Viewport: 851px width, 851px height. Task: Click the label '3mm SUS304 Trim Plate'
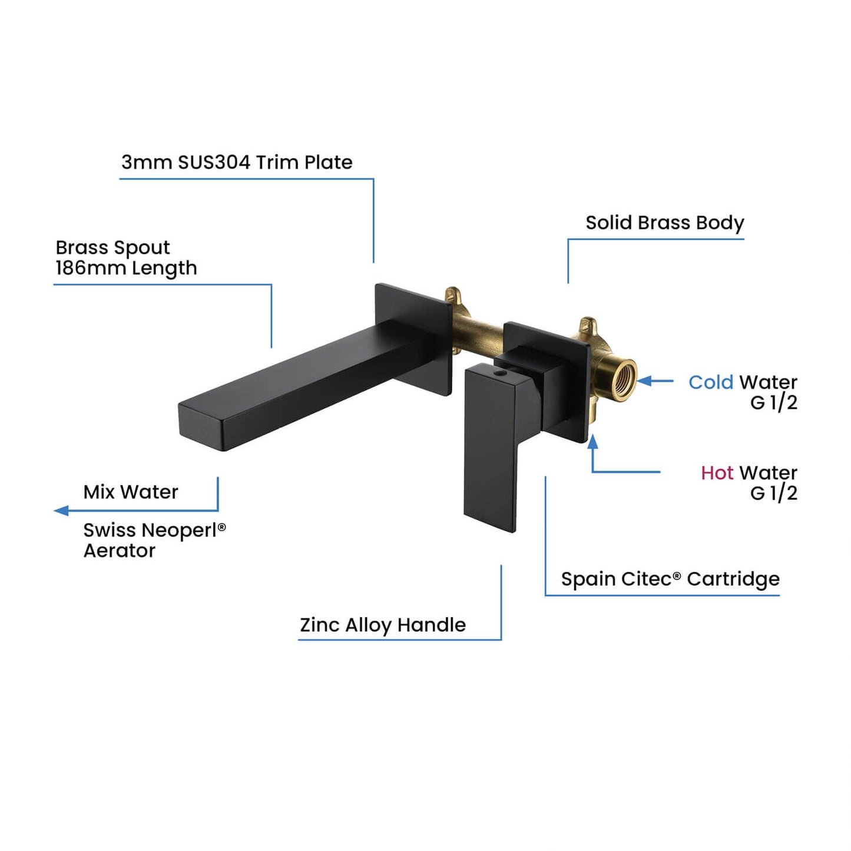coord(237,163)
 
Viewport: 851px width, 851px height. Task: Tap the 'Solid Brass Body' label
coord(664,223)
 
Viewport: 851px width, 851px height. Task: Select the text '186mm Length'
coord(126,269)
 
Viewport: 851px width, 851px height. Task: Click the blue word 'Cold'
coord(711,382)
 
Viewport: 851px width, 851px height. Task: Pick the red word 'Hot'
coord(717,473)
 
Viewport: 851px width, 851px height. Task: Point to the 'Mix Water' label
coord(131,492)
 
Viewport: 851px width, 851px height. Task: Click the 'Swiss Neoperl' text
coord(150,530)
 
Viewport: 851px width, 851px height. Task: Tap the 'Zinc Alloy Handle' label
coord(383,625)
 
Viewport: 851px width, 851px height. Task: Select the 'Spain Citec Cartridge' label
coord(670,579)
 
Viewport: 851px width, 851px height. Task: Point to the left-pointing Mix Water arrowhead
coord(61,511)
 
